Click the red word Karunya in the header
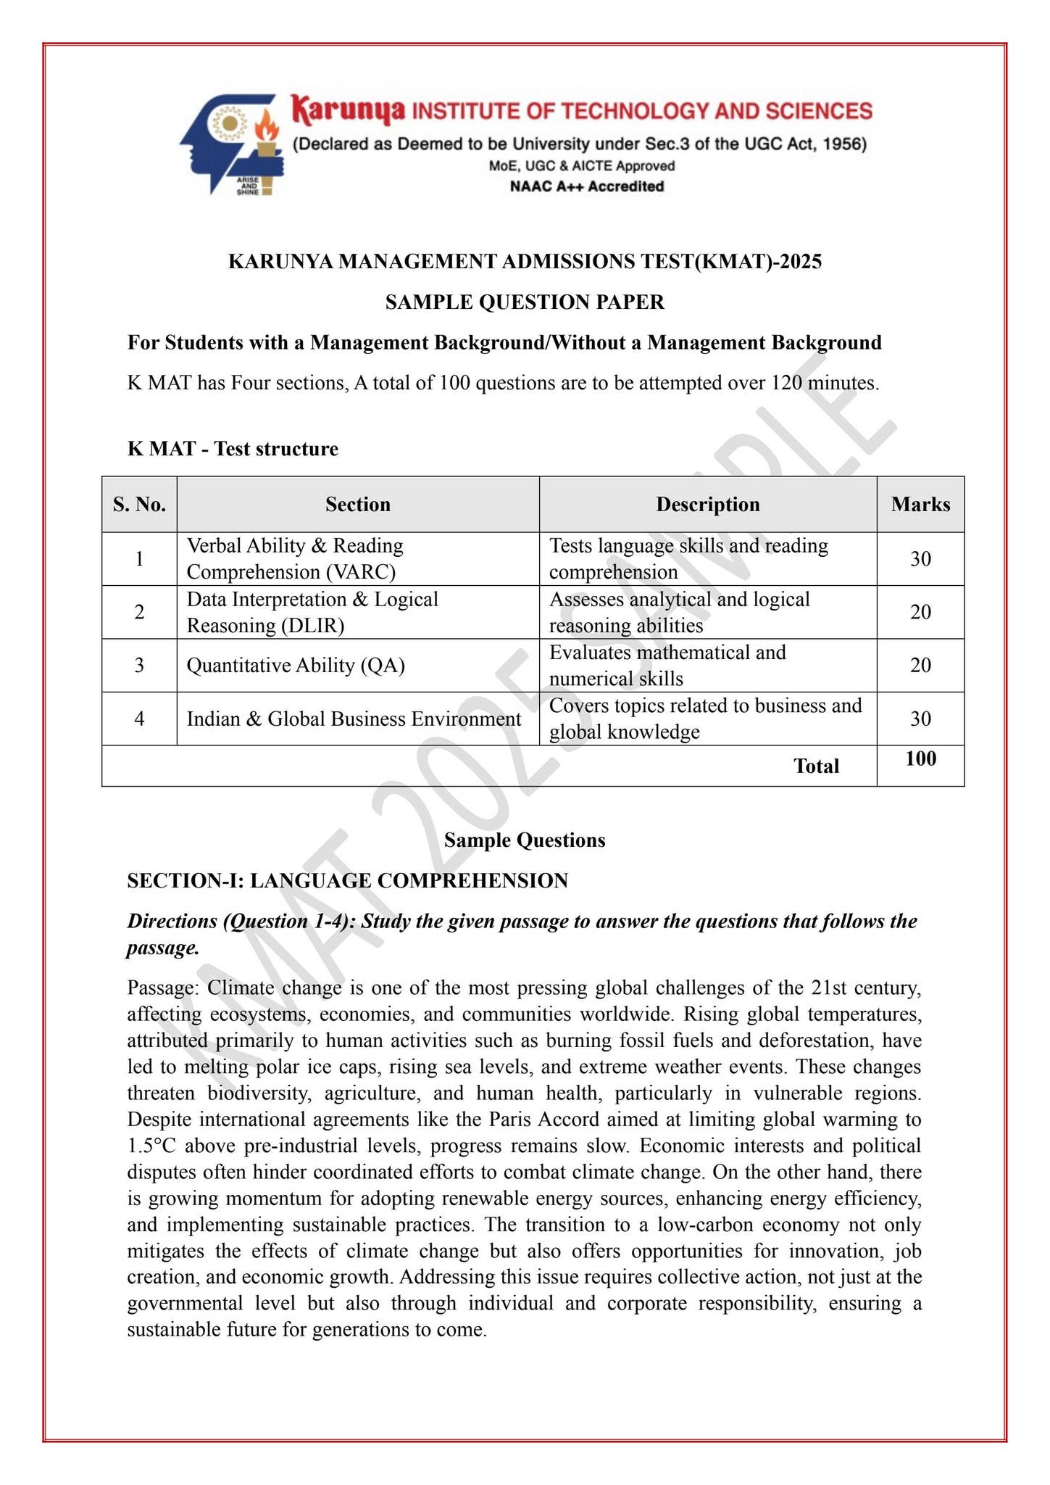[x=348, y=110]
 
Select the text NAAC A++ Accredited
[x=586, y=186]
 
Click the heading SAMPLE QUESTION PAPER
[x=525, y=302]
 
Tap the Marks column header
[x=920, y=504]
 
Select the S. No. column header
[x=139, y=504]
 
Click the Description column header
[x=707, y=504]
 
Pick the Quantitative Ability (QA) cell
[x=296, y=665]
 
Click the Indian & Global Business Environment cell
[x=354, y=719]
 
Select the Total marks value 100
[x=920, y=758]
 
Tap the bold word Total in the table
[x=816, y=766]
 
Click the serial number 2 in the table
[x=139, y=612]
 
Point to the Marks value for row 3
[x=920, y=665]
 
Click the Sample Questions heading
[x=525, y=840]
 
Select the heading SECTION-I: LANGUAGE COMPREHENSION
[x=347, y=880]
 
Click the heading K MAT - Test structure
[x=233, y=448]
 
